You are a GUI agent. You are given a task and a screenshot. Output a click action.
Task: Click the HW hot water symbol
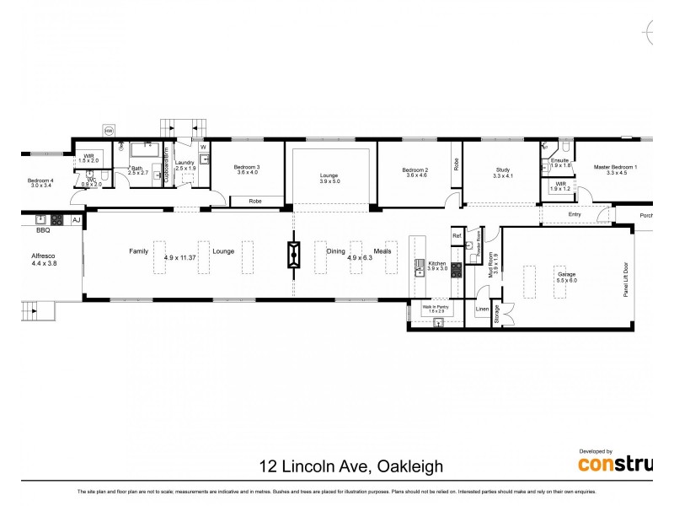(x=108, y=130)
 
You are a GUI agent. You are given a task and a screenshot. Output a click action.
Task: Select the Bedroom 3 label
(x=246, y=168)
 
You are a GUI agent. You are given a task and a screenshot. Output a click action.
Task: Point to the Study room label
(x=502, y=172)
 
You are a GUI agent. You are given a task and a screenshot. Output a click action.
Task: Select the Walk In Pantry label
(x=435, y=307)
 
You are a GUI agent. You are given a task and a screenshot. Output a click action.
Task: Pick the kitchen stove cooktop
(x=456, y=270)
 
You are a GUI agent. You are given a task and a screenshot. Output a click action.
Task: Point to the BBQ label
(x=43, y=229)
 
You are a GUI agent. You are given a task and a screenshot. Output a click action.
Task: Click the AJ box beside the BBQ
(x=76, y=220)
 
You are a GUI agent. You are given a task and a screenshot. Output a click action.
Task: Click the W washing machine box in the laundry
(x=203, y=147)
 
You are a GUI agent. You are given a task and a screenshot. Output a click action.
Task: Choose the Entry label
(x=575, y=215)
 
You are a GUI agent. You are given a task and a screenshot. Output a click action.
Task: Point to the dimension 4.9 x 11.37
(x=189, y=257)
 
